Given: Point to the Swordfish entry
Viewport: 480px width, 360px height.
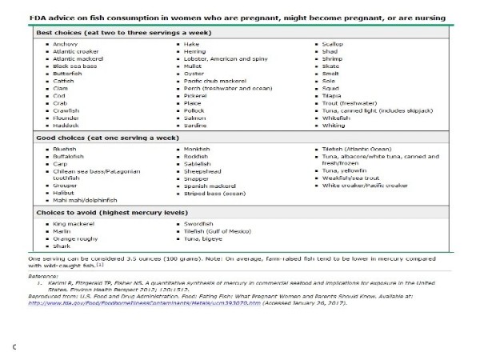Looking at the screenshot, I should tap(198, 224).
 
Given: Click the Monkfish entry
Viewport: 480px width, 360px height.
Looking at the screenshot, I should tap(198, 149).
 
